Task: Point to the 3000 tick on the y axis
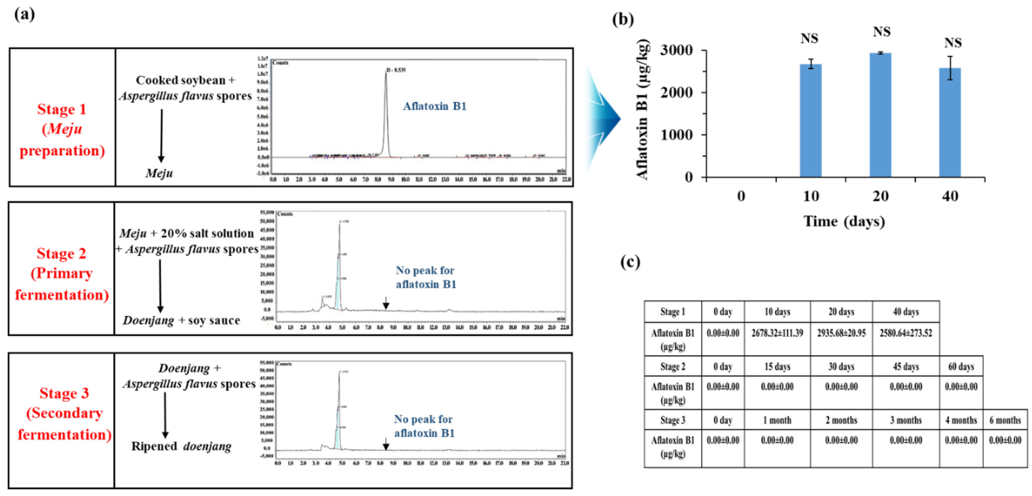[676, 50]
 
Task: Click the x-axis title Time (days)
[844, 221]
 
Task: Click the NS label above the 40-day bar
[953, 43]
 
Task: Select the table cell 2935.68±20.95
[841, 333]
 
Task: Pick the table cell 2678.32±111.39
[777, 333]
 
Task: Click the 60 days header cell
[961, 367]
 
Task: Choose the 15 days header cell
[777, 367]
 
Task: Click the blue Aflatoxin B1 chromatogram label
[435, 106]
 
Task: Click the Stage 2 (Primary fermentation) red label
[62, 274]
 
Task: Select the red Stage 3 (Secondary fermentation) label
[64, 414]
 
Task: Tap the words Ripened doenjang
[181, 446]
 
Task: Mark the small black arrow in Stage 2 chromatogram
[386, 303]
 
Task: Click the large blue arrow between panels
[603, 119]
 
